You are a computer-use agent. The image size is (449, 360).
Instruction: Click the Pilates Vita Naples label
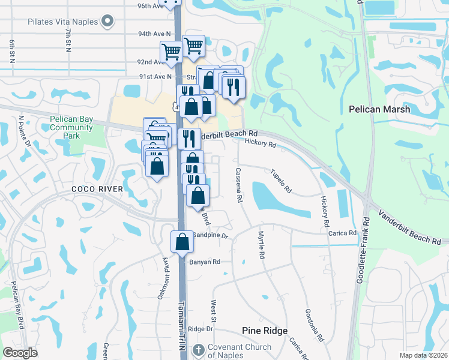click(62, 22)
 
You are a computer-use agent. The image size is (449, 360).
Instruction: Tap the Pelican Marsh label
click(379, 109)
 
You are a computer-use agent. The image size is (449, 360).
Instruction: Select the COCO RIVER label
click(97, 189)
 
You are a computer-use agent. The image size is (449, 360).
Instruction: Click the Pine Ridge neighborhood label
click(265, 331)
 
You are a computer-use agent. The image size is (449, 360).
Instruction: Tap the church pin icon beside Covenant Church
click(198, 350)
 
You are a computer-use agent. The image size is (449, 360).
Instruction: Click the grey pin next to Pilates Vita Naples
click(107, 22)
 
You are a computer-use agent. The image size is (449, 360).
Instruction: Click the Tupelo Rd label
click(281, 181)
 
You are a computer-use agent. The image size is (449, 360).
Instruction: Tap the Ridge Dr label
click(200, 329)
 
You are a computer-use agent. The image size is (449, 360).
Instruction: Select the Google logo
click(20, 353)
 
